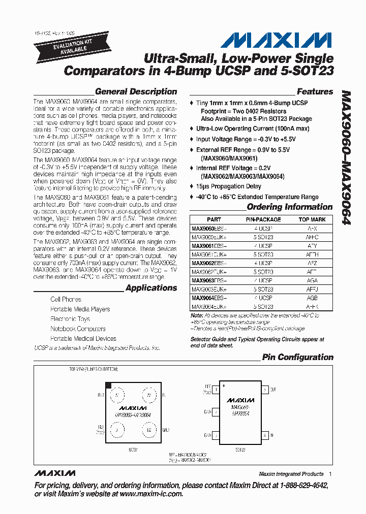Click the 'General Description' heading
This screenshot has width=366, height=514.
point(136,92)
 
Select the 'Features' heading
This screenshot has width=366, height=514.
point(315,92)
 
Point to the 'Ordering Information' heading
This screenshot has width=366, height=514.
point(289,207)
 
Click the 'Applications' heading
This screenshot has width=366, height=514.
point(151,288)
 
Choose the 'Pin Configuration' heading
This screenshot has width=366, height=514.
point(297,357)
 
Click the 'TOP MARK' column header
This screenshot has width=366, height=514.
point(312,220)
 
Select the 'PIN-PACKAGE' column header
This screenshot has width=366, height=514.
point(263,220)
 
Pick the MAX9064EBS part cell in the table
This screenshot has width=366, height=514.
point(209,298)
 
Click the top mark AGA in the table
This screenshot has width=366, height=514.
point(312,280)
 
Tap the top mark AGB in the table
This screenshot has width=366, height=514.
point(312,298)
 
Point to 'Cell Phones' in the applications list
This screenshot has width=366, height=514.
point(66,300)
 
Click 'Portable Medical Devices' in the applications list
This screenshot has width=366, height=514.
point(83,339)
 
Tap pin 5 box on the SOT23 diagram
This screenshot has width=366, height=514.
point(265,390)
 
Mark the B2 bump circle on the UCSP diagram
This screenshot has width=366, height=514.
point(148,431)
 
